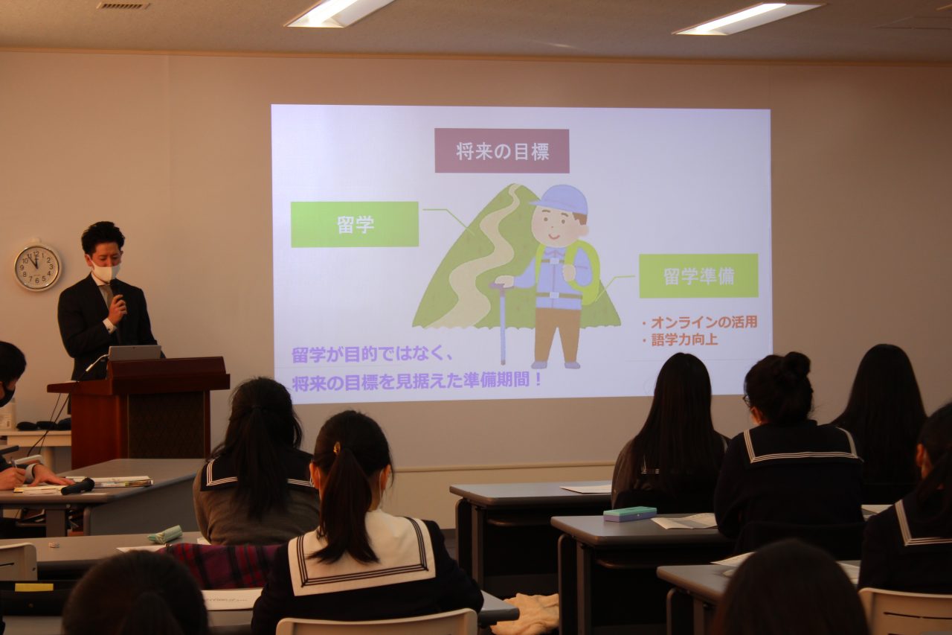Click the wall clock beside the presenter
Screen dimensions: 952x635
coord(37,267)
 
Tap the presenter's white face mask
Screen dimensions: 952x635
coord(106,271)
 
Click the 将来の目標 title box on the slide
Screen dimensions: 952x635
coord(501,151)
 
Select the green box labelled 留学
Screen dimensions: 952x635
coord(355,225)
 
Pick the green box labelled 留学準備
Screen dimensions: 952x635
coord(698,276)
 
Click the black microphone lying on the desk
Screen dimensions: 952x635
coord(77,486)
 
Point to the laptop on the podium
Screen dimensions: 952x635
coord(135,353)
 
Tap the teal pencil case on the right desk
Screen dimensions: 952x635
coord(629,514)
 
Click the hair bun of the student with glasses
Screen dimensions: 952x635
coord(796,365)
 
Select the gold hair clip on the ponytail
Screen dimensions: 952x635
coord(337,447)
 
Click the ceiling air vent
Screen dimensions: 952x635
coord(123,5)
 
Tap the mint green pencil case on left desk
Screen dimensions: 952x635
coord(165,535)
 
